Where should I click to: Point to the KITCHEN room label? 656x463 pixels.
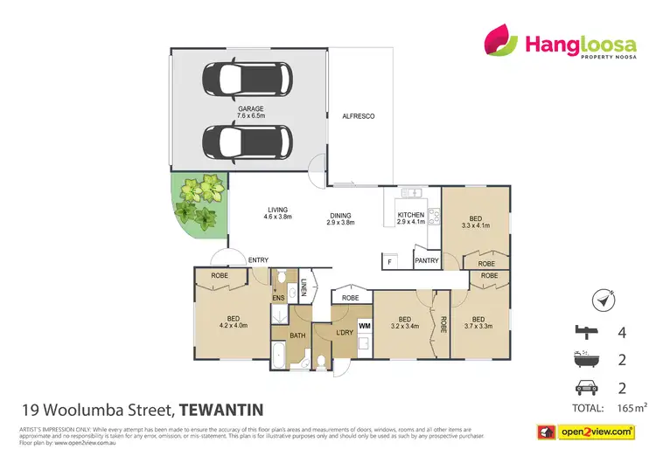coord(410,218)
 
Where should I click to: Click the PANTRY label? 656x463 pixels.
coord(427,260)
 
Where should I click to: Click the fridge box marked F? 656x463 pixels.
coord(388,260)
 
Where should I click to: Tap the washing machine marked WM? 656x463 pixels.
coord(365,325)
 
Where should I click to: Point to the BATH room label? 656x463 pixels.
coord(297,335)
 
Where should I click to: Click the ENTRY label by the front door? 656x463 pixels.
coord(258,259)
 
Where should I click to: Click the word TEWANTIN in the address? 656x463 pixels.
coord(222,409)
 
